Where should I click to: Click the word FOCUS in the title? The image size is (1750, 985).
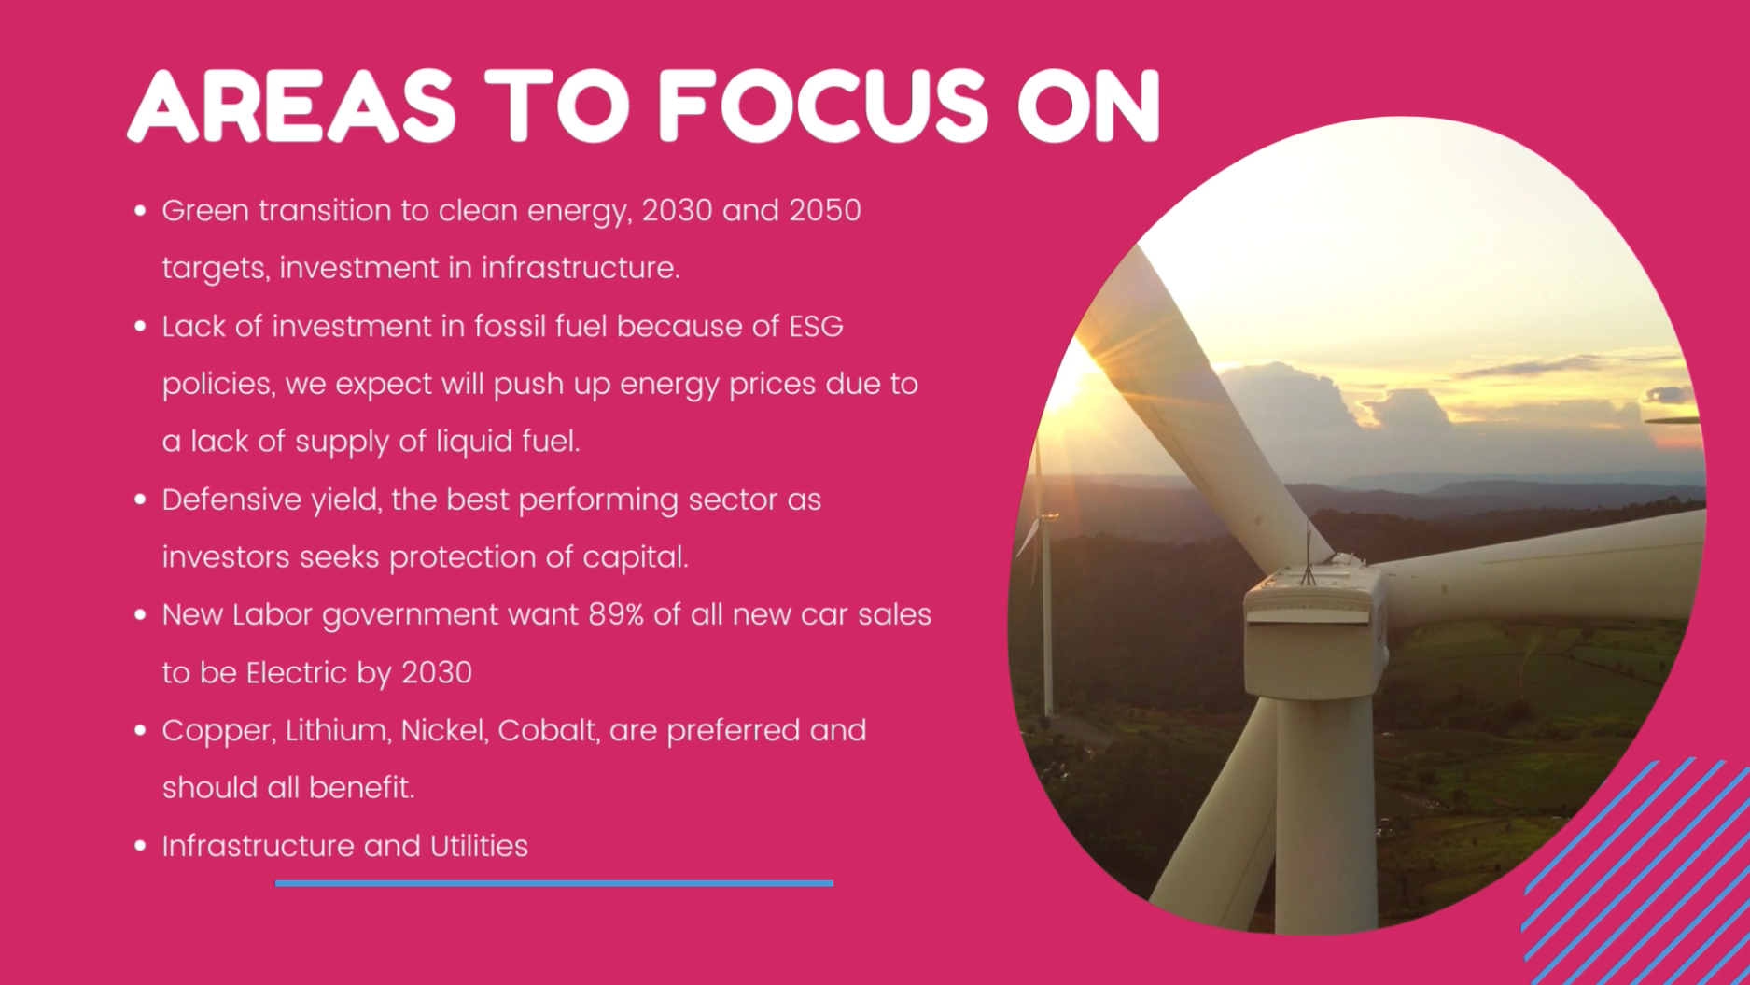822,106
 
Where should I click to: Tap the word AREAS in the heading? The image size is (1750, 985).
291,106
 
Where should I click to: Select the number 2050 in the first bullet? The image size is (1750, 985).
825,210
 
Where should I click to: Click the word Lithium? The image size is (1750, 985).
338,730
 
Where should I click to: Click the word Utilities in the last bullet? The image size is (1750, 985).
479,846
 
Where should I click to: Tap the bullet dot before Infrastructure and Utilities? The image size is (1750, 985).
140,846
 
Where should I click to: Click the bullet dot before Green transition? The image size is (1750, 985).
140,211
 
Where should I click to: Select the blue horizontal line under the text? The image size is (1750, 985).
554,883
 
